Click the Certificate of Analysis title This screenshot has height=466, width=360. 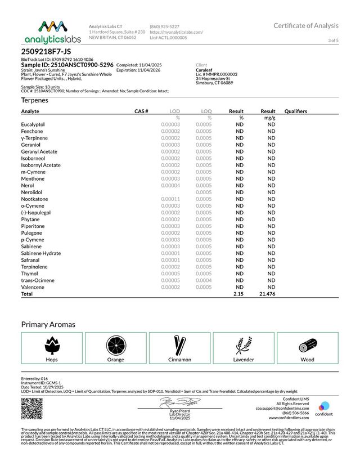306,25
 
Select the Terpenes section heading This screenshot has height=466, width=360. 34,100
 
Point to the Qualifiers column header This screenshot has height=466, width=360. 296,111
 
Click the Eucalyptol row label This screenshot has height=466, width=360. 33,124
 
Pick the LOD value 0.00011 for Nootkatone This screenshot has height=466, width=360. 170,199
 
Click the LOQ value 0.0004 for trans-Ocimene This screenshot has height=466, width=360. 204,280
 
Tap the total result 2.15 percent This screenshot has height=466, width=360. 238,294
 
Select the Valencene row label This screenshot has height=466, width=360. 33,287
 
